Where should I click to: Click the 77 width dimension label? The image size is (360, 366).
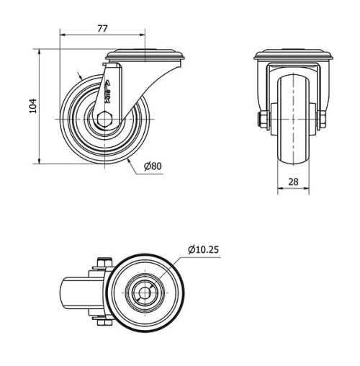pyautogui.click(x=102, y=28)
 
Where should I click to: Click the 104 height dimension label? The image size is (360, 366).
pyautogui.click(x=32, y=107)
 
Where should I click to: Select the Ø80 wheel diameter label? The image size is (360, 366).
pyautogui.click(x=153, y=166)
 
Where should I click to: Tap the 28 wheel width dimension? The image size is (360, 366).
pyautogui.click(x=293, y=182)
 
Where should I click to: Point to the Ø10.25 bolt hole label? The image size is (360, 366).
pyautogui.click(x=204, y=249)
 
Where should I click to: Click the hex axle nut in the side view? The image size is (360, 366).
pyautogui.click(x=105, y=119)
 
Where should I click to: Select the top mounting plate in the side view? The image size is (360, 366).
pyautogui.click(x=145, y=55)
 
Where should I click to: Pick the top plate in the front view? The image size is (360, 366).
pyautogui.click(x=293, y=55)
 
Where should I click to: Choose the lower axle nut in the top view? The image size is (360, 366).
pyautogui.click(x=100, y=323)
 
